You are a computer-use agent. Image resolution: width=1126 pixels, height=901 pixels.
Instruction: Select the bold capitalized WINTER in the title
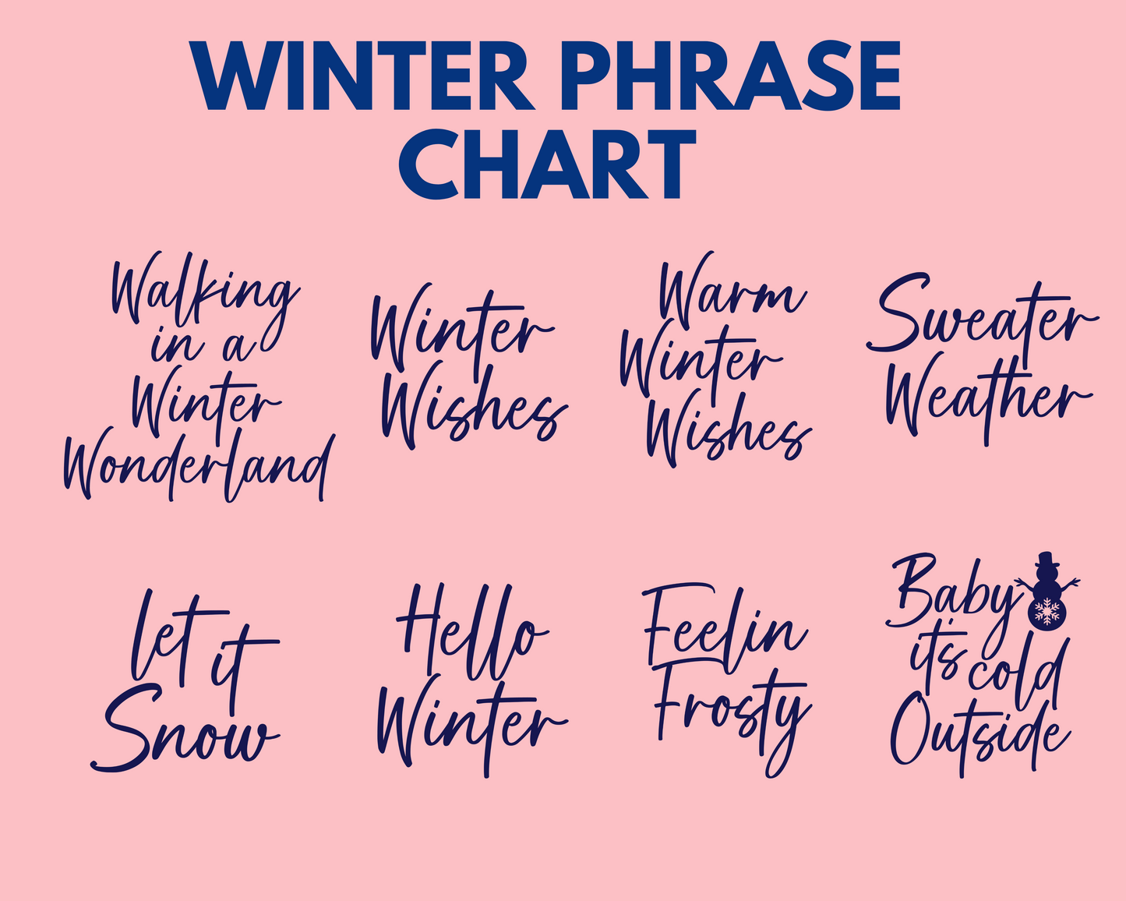pyautogui.click(x=364, y=76)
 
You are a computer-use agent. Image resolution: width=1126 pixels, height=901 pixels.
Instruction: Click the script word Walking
pyautogui.click(x=206, y=296)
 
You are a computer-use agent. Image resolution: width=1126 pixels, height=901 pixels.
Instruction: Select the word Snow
pyautogui.click(x=185, y=728)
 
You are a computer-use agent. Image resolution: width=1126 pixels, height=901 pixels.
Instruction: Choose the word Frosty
pyautogui.click(x=733, y=723)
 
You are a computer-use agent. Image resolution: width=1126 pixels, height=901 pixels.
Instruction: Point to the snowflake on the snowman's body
pyautogui.click(x=1047, y=611)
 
